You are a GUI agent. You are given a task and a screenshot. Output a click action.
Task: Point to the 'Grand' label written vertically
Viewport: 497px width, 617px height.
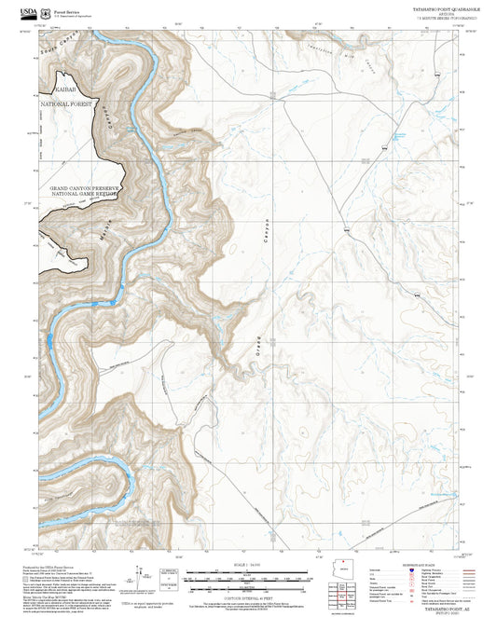pyautogui.click(x=256, y=344)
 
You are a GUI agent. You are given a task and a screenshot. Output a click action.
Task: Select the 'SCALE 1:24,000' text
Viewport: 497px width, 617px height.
pyautogui.click(x=248, y=568)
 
